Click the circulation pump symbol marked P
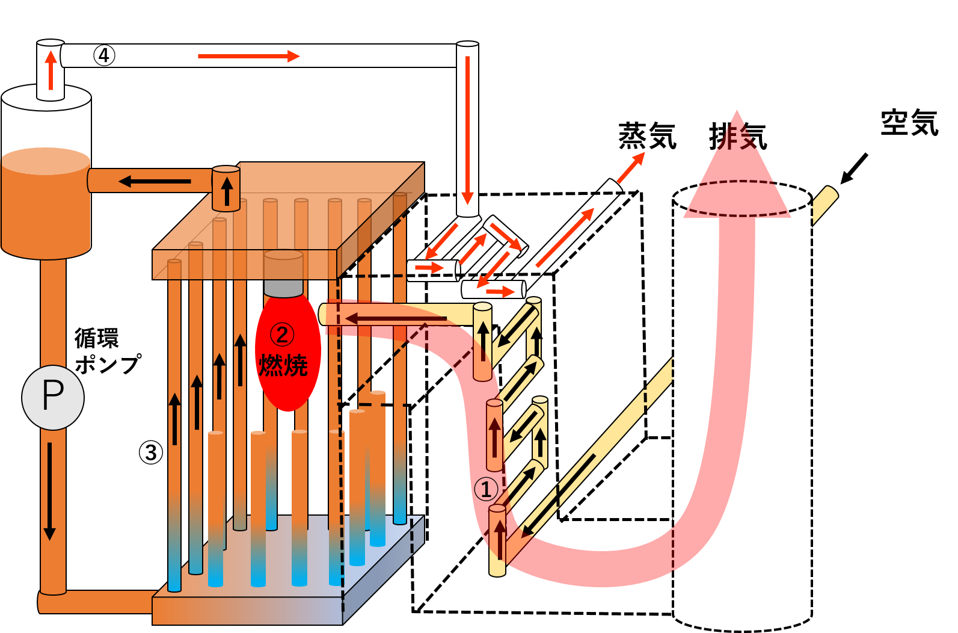[x=52, y=397]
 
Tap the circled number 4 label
[x=104, y=55]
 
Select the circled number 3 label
[x=151, y=452]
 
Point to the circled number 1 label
[x=486, y=489]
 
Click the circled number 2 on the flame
[x=282, y=335]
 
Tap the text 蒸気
[x=648, y=135]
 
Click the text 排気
[x=738, y=136]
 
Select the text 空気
[x=910, y=122]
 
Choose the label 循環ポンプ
[x=108, y=351]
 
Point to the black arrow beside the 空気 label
[x=853, y=168]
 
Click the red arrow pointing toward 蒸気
[x=631, y=168]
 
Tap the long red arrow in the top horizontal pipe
[x=248, y=56]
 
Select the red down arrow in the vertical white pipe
[x=467, y=131]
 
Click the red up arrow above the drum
[x=51, y=70]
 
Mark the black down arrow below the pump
[x=49, y=492]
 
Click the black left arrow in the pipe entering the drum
[x=155, y=182]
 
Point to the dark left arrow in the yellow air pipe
[x=396, y=319]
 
